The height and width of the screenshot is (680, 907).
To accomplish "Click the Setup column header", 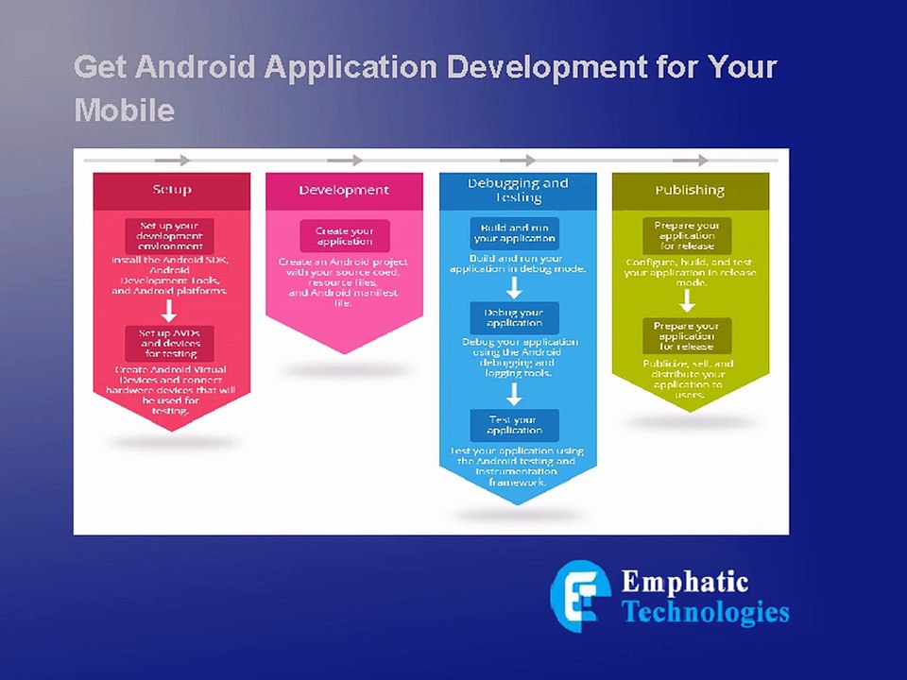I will point(172,190).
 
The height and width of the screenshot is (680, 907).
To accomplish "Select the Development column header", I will point(344,190).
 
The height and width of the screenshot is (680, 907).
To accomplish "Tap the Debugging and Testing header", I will point(518,190).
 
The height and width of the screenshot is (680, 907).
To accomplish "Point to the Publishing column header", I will point(690,190).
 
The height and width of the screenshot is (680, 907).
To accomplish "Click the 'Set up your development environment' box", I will point(170,236).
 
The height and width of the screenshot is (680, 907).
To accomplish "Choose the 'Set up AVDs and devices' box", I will point(170,343).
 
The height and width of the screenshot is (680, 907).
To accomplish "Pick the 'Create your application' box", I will point(345,236).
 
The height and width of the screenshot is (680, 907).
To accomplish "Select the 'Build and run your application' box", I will point(514,233).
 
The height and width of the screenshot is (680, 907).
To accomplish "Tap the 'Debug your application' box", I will point(514,317).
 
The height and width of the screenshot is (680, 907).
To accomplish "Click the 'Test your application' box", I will point(514,425).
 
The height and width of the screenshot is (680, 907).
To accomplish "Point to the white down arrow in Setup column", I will point(169,311).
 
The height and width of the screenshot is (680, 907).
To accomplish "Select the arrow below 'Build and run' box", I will point(514,287).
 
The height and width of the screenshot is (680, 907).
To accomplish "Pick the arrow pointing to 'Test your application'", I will point(514,393).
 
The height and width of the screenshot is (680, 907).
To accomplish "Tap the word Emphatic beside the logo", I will point(685,583).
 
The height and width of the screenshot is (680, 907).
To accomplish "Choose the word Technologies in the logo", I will point(705,612).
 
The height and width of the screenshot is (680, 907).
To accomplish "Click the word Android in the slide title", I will point(196,68).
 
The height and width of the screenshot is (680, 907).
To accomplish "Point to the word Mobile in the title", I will point(124,110).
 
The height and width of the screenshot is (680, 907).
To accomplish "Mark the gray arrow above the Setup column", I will point(172,161).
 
